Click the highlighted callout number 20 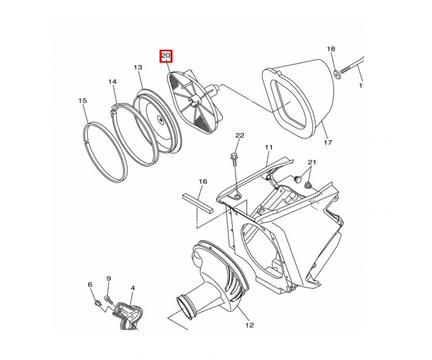tap(166, 56)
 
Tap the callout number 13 tap(138, 67)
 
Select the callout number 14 tap(112, 81)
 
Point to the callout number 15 tap(82, 101)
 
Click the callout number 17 tap(328, 143)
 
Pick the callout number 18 tap(331, 49)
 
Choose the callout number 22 tap(239, 135)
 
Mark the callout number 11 tap(269, 147)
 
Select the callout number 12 tap(249, 325)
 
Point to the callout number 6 tap(90, 284)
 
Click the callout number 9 tap(108, 279)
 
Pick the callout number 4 tap(132, 288)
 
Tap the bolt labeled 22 tap(234, 158)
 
